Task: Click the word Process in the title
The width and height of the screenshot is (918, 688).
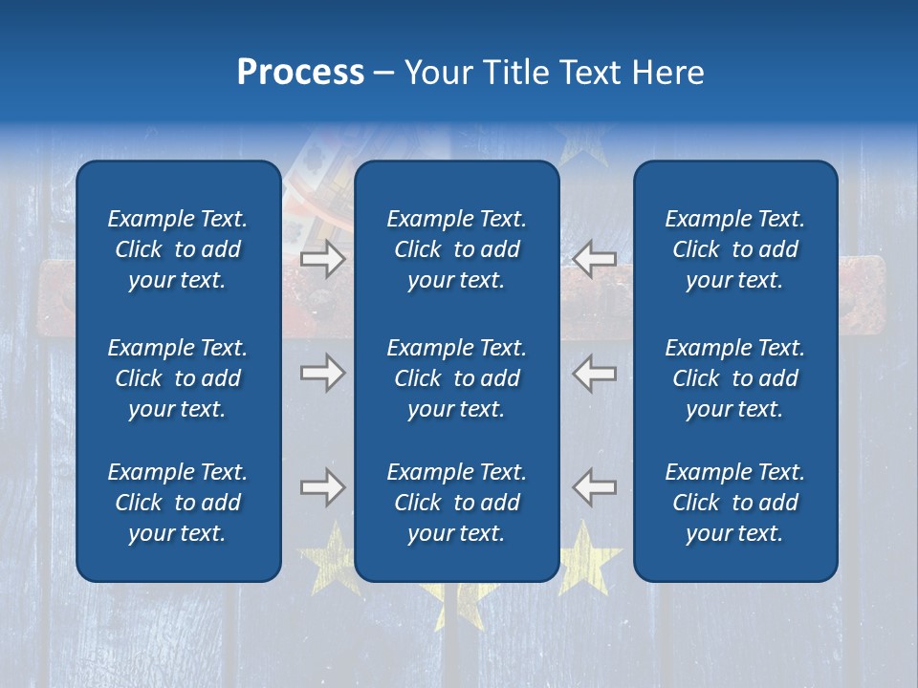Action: [300, 73]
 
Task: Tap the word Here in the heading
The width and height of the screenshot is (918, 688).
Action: [666, 73]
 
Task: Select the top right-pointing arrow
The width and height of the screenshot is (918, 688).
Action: [322, 259]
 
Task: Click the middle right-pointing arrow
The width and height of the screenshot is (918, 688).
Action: [322, 373]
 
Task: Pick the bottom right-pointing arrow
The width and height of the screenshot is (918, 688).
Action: [322, 487]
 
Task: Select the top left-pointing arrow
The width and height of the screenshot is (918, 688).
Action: [594, 259]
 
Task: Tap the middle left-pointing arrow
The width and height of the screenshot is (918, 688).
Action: [594, 373]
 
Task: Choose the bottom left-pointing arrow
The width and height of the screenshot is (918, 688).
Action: [594, 487]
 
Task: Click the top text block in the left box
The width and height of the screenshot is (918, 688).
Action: [178, 249]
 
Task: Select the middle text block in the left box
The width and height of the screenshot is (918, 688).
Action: [178, 378]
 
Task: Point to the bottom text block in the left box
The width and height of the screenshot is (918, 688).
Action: [178, 503]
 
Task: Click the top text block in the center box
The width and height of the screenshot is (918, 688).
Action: [456, 249]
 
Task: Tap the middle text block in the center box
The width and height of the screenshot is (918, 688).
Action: [456, 378]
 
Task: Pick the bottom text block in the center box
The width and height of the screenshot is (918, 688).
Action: [456, 503]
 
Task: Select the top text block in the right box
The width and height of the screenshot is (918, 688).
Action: [734, 249]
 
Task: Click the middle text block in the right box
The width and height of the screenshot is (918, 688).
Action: [734, 378]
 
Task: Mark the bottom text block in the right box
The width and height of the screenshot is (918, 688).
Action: [734, 503]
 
